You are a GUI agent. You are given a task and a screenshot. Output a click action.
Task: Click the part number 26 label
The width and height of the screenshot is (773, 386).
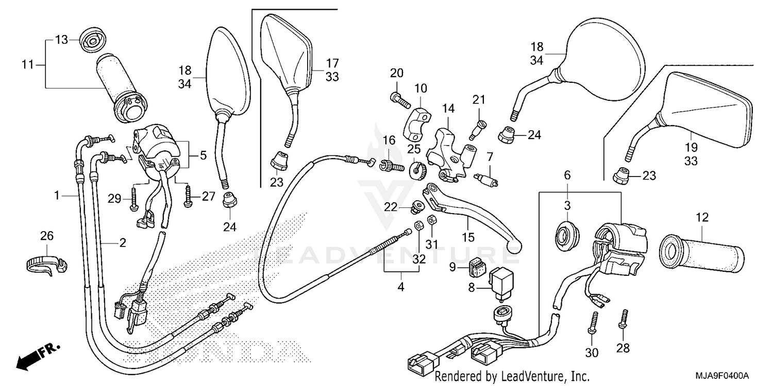[x=47, y=236]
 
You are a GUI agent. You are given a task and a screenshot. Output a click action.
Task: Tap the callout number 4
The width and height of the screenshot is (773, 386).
[x=400, y=288]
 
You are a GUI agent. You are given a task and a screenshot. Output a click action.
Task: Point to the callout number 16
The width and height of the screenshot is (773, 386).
[x=389, y=141]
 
